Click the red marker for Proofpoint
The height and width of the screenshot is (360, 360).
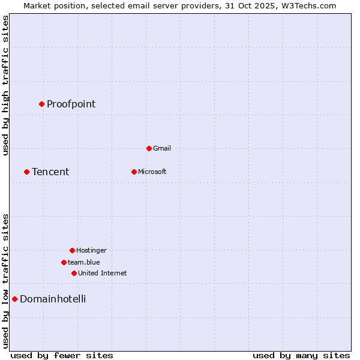41,104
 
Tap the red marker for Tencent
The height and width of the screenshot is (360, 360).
26,172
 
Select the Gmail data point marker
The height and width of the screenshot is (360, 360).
149,148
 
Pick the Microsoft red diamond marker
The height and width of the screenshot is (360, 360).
134,172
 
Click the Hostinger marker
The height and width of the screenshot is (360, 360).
72,250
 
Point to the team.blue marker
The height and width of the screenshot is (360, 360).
64,262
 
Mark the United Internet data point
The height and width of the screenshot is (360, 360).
74,273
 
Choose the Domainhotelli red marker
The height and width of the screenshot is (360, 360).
14,299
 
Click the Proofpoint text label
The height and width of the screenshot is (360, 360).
71,104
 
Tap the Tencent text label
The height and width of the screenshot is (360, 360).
50,172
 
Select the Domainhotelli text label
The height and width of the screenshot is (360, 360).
53,299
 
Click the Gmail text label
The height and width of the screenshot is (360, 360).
162,148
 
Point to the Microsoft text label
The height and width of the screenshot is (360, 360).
152,172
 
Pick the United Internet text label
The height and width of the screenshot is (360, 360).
103,273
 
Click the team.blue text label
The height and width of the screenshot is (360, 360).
84,262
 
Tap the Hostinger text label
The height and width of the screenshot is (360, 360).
91,250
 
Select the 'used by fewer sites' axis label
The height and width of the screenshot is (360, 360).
62,355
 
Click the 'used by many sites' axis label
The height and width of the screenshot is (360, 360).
301,355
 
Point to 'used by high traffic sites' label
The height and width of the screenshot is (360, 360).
6,85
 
